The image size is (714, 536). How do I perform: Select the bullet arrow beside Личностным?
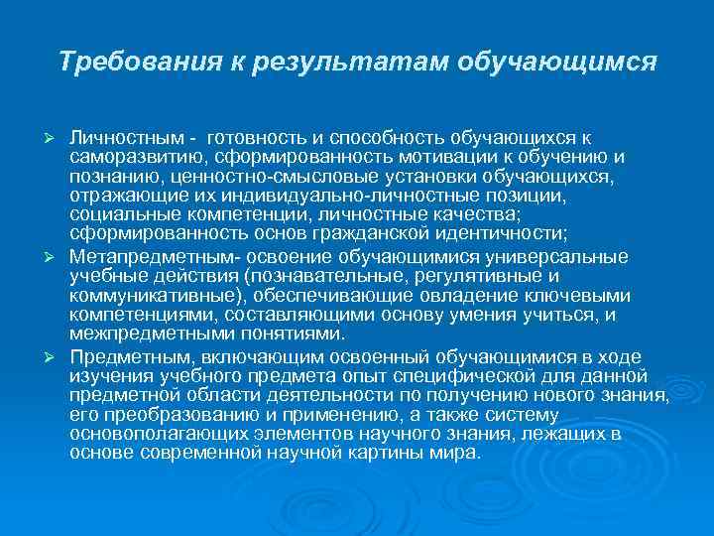[58, 136]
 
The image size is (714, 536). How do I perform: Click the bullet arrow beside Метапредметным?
[58, 257]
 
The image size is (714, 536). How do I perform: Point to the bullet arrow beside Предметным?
[58, 356]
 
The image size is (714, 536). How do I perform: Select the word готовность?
[249, 135]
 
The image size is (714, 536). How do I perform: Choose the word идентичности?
[509, 235]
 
